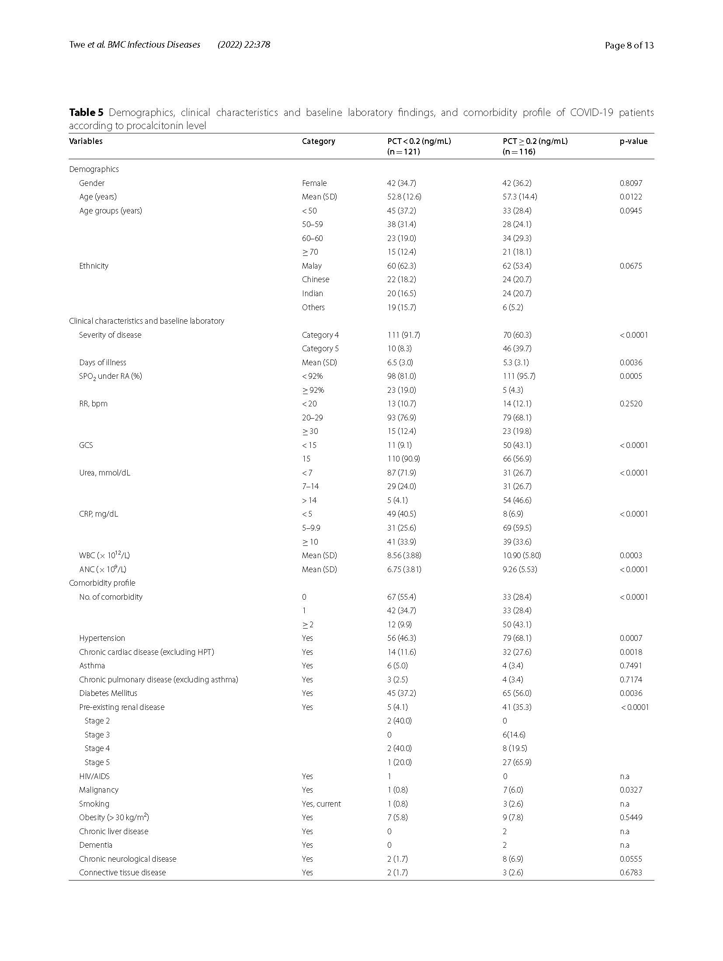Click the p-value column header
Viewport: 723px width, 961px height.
click(x=633, y=141)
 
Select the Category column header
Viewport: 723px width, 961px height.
click(x=318, y=141)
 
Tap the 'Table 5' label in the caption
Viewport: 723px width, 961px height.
click(x=86, y=113)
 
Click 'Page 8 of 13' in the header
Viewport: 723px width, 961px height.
click(x=629, y=45)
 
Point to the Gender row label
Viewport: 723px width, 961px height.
click(x=92, y=183)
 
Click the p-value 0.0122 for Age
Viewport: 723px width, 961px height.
click(x=630, y=197)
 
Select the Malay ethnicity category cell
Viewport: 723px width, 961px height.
click(x=311, y=266)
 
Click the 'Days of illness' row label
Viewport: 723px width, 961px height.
click(x=102, y=363)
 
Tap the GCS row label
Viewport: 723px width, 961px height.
click(x=86, y=445)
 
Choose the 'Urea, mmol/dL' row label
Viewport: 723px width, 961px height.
click(x=104, y=473)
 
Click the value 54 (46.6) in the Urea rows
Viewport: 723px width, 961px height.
click(x=517, y=500)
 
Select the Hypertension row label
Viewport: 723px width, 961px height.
click(x=102, y=638)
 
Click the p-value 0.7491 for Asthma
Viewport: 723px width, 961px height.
click(x=630, y=666)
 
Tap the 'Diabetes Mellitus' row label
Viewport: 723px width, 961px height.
click(x=108, y=693)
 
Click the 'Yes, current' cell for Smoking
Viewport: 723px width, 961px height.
click(x=321, y=804)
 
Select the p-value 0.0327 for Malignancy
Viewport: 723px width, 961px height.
click(x=630, y=790)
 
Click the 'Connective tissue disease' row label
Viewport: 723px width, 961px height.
click(x=122, y=873)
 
